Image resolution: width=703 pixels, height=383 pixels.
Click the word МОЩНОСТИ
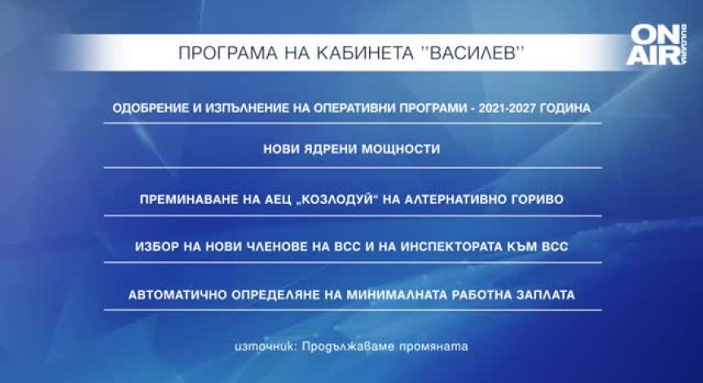pos(398,150)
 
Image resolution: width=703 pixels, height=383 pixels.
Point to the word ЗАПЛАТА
pos(545,294)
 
